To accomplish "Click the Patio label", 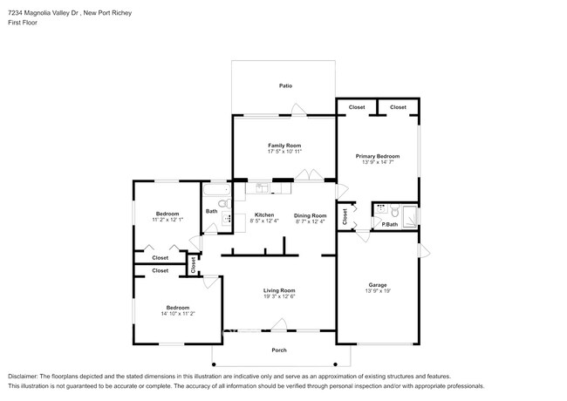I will (x=285, y=85).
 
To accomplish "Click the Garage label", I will (x=377, y=285).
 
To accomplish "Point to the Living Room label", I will (x=279, y=290).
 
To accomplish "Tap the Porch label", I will (x=278, y=350).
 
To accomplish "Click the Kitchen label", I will (x=263, y=214).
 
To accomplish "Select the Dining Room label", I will (x=310, y=214).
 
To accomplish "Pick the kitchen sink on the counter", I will (x=260, y=187).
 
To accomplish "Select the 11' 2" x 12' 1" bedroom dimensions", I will (x=167, y=220).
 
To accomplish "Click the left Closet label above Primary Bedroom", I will (x=357, y=107).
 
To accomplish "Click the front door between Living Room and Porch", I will (x=278, y=327).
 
